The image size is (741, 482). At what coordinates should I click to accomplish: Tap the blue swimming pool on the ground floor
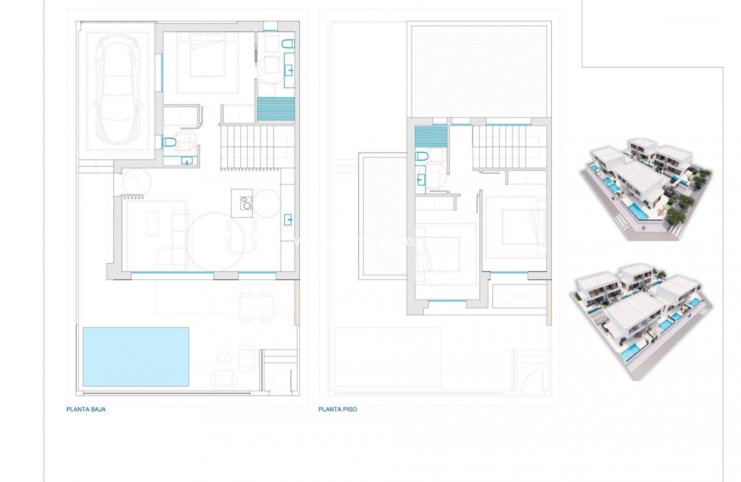[x=136, y=357]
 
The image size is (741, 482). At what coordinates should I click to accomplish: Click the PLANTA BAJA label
[x=86, y=410]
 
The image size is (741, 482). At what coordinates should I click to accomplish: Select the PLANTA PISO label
[x=337, y=410]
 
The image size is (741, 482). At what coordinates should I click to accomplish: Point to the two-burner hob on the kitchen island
[x=245, y=202]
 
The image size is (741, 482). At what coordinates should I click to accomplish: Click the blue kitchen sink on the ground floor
[x=288, y=219]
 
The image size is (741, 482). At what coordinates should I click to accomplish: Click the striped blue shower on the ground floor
[x=276, y=109]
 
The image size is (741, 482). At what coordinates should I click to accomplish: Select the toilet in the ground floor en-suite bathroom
[x=289, y=44]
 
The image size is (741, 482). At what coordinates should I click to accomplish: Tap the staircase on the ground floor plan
[x=250, y=147]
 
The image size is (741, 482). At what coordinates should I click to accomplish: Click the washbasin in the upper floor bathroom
[x=421, y=180]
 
